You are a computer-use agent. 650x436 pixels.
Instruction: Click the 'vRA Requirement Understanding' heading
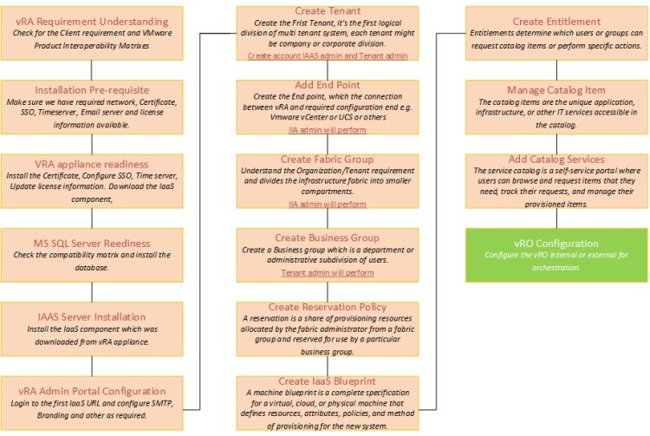92,21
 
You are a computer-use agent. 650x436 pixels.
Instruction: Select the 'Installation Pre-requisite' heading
92,89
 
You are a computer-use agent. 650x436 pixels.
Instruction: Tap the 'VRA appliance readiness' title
92,164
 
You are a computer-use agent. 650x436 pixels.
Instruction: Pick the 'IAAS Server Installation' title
92,316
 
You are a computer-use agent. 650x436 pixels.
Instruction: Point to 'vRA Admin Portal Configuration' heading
92,391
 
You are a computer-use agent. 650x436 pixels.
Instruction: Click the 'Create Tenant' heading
328,10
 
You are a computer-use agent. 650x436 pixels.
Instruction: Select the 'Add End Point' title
328,85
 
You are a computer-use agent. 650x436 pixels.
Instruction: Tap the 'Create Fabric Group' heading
328,159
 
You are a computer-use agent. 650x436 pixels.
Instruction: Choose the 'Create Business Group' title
328,238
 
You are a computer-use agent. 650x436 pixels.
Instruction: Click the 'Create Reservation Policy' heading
328,307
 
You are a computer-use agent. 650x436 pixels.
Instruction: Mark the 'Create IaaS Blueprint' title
328,381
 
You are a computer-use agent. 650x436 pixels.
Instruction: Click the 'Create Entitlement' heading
556,21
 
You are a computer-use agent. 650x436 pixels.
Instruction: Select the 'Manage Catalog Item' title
556,89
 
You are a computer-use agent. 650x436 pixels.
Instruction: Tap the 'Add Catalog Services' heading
556,159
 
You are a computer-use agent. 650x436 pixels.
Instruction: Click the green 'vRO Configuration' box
556,255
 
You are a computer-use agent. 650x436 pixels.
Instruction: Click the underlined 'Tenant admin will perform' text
328,272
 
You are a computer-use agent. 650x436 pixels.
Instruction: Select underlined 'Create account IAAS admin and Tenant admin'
328,55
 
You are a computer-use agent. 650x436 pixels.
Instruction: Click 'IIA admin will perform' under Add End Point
328,130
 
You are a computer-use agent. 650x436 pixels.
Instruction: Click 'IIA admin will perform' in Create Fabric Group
328,205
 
